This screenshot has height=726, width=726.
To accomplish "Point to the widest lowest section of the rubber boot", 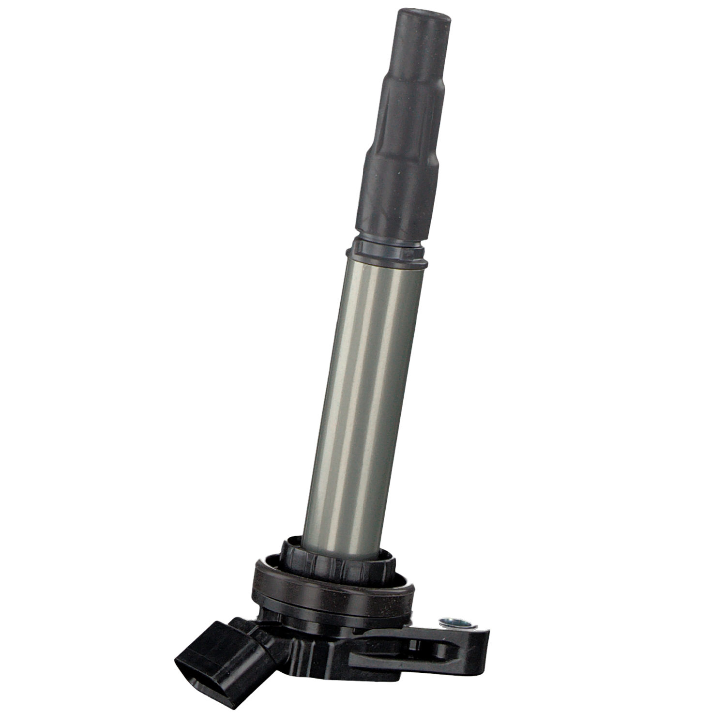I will [397, 194].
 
